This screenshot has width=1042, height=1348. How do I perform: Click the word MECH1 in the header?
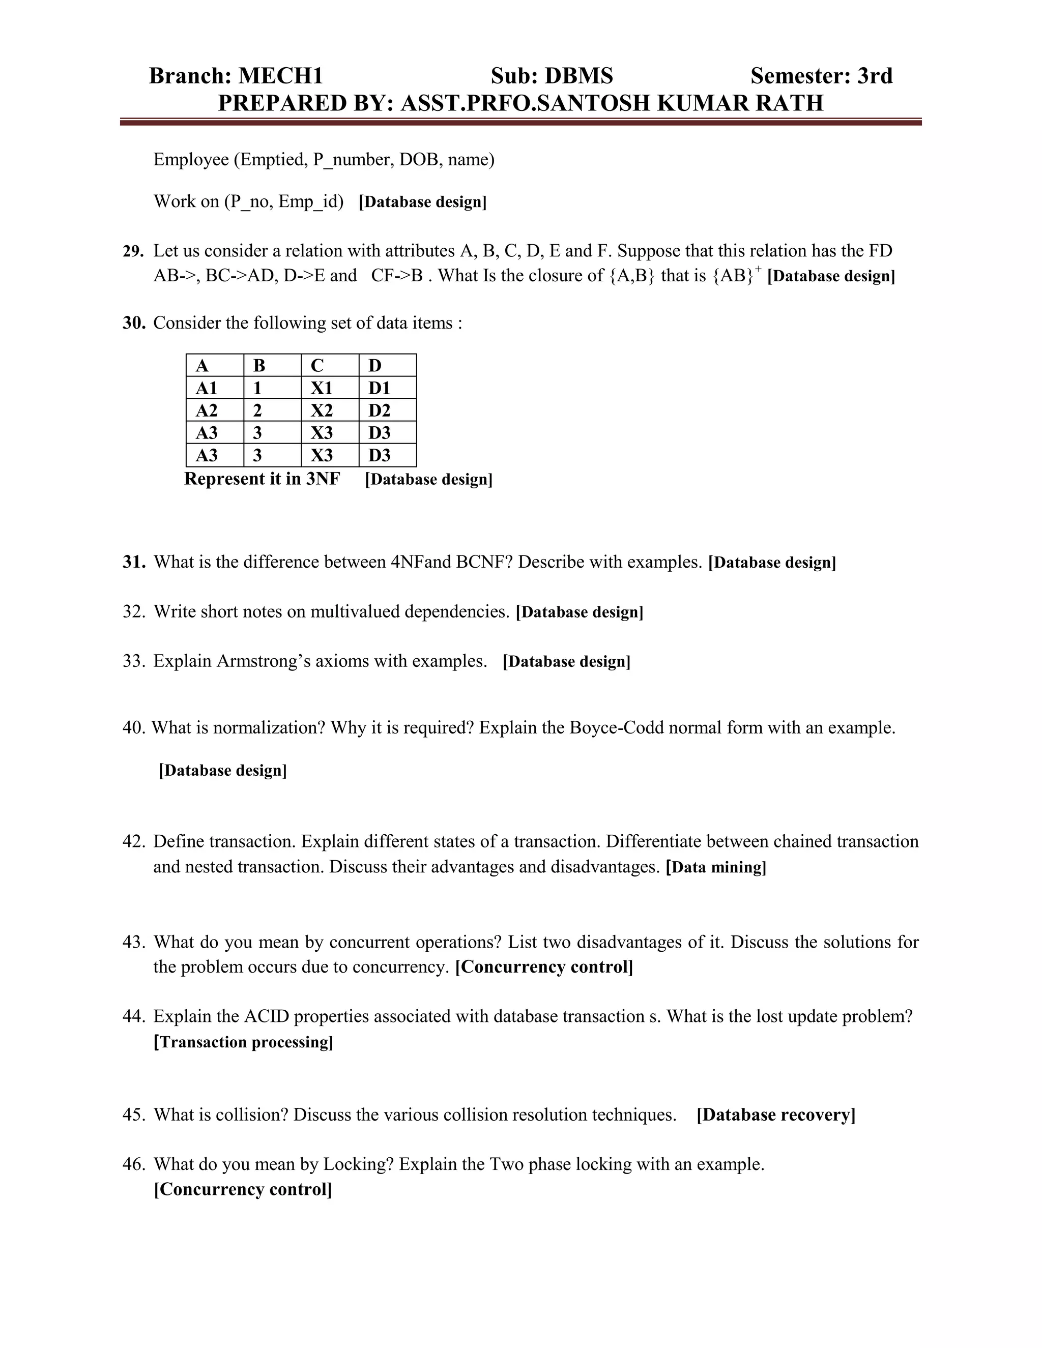coord(281,76)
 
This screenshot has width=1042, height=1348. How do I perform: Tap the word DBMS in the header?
coord(578,76)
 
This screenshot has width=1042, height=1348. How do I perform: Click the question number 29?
coord(133,251)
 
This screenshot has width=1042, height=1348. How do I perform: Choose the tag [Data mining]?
coord(715,867)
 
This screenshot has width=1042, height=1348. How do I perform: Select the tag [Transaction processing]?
coord(243,1042)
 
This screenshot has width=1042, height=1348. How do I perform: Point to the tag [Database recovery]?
coord(776,1115)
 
